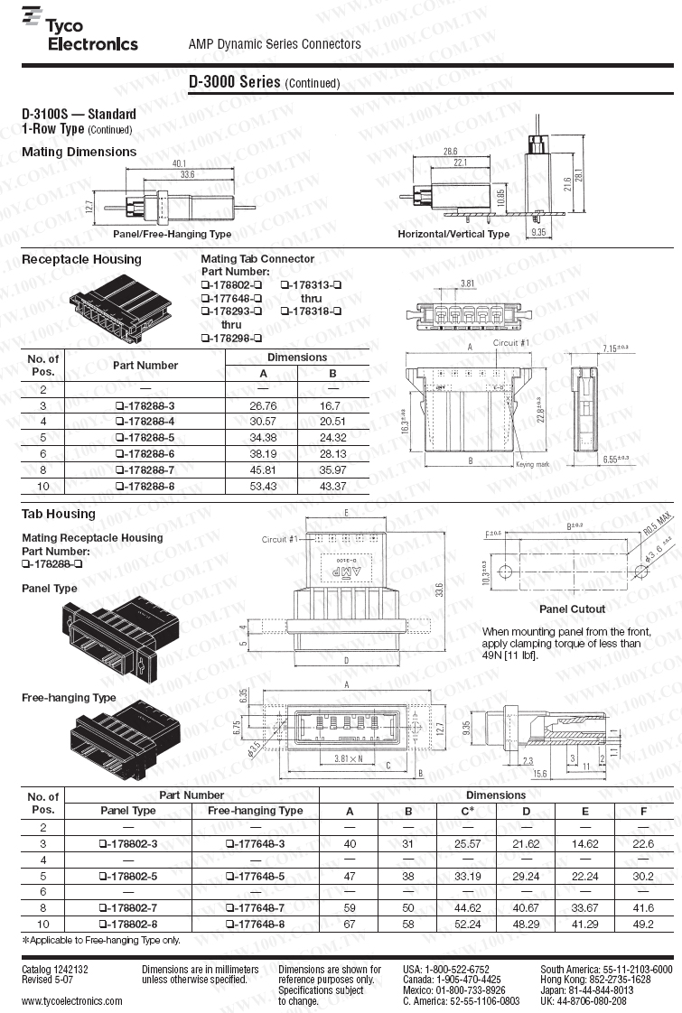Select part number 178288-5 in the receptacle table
(x=145, y=438)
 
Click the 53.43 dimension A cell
(x=263, y=487)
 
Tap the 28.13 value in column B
(x=332, y=454)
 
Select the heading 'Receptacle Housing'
(x=81, y=259)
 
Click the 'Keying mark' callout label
(x=532, y=465)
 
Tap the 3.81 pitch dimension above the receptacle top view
(x=468, y=283)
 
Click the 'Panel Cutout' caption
(x=572, y=609)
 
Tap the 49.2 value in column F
(x=643, y=924)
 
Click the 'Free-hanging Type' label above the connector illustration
(x=69, y=697)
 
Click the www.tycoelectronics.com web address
(x=72, y=1000)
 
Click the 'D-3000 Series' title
(x=235, y=81)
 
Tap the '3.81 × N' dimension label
(x=348, y=758)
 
